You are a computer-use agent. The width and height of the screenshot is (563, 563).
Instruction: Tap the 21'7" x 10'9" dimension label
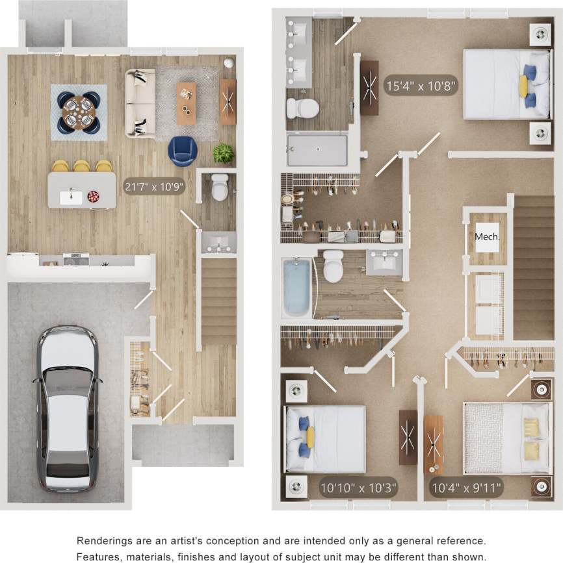[x=155, y=186]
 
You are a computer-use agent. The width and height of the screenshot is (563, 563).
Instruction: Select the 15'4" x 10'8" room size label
[x=422, y=85]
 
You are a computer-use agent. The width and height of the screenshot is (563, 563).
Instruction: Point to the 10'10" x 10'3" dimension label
[x=358, y=486]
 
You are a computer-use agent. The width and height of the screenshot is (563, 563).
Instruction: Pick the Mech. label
[x=487, y=237]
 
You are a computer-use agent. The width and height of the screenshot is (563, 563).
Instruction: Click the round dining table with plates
[x=79, y=112]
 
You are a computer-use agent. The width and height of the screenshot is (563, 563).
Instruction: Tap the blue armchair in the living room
[x=183, y=151]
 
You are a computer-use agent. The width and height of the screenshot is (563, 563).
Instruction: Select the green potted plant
[x=223, y=153]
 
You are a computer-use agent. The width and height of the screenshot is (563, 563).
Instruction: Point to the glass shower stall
[x=317, y=149]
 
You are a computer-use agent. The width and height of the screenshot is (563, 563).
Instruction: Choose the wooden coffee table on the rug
[x=187, y=103]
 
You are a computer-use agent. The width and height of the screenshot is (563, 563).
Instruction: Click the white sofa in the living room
[x=140, y=103]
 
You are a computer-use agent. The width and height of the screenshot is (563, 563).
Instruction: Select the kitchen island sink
[x=71, y=197]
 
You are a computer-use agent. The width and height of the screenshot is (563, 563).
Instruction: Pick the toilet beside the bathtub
[x=334, y=267]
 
